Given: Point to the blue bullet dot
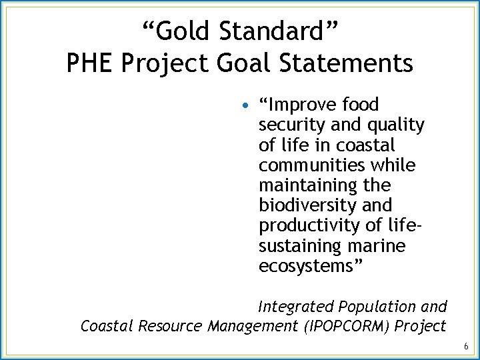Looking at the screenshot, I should [x=246, y=105].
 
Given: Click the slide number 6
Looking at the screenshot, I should [x=465, y=347].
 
